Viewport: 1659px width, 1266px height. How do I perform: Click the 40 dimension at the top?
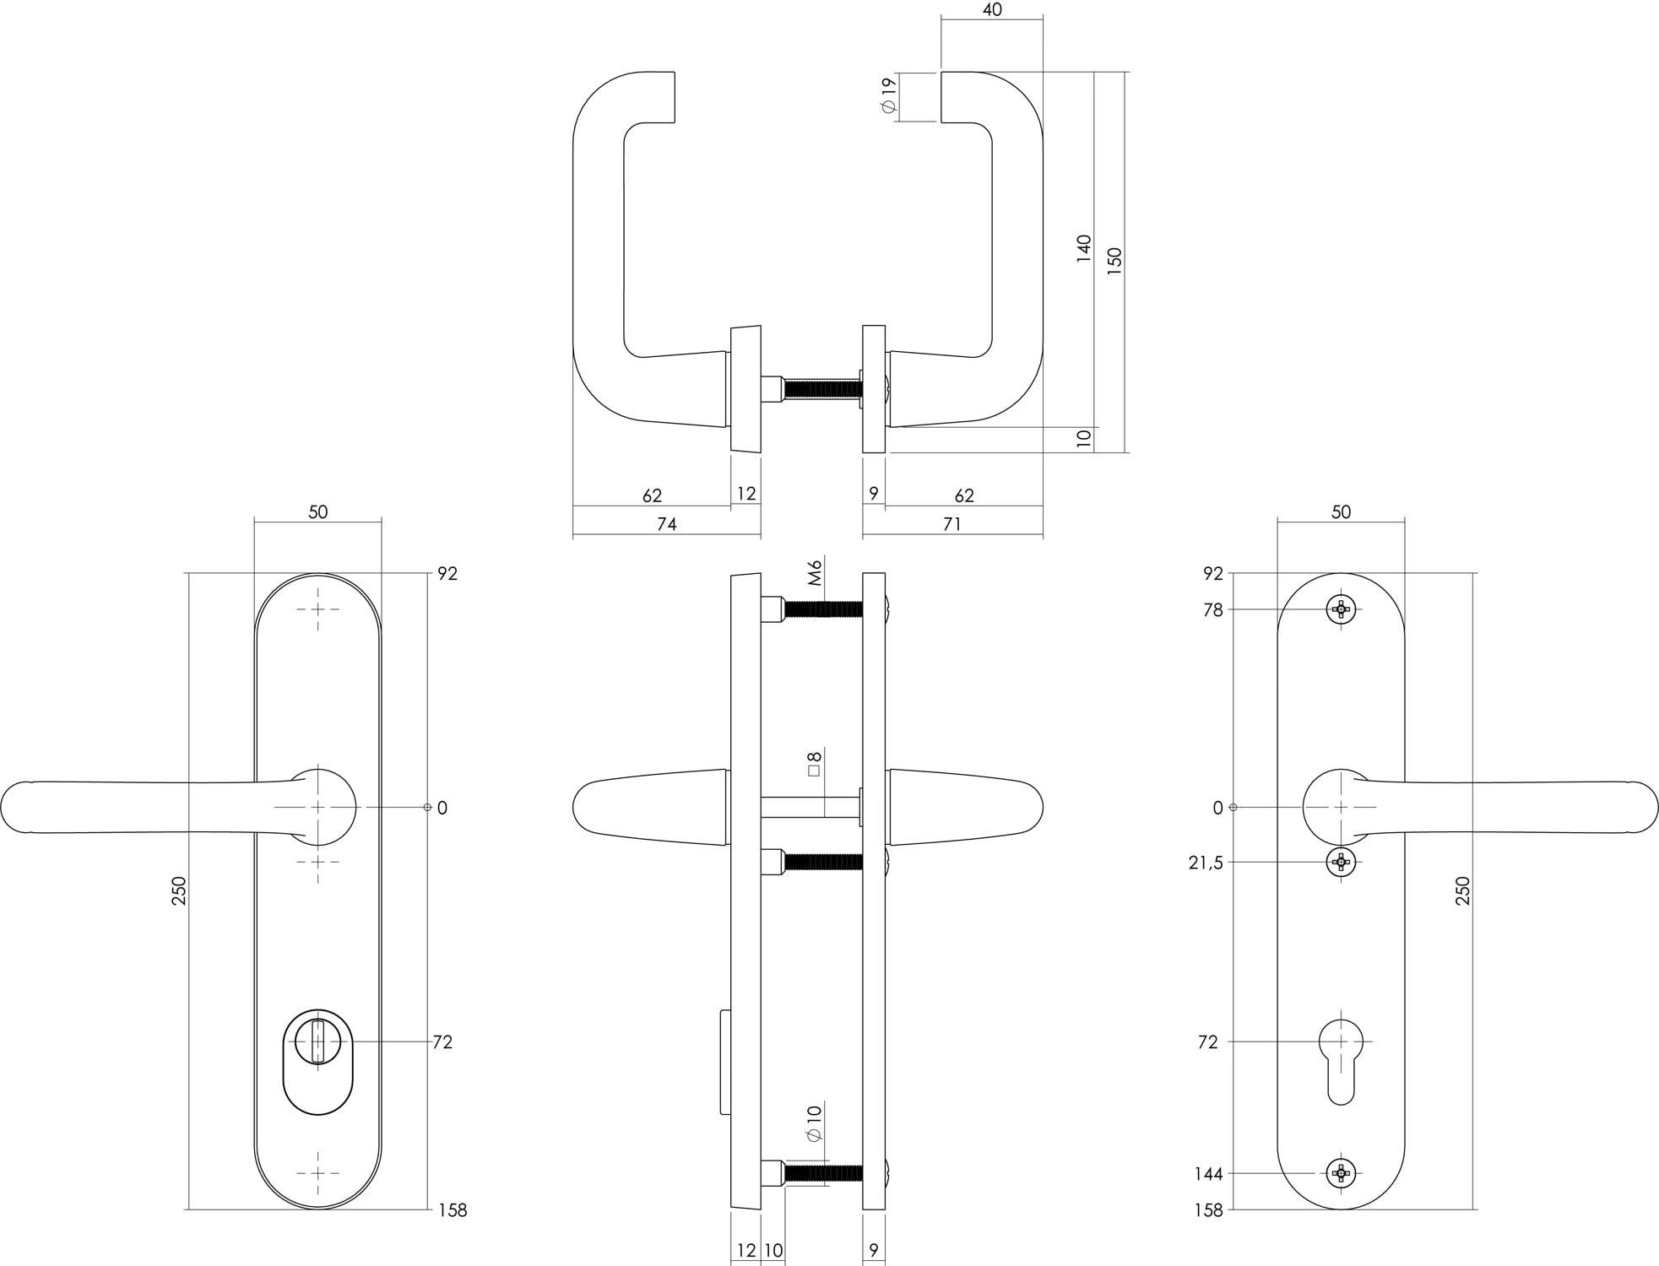tap(992, 11)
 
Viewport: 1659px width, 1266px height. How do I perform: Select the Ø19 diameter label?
tap(887, 97)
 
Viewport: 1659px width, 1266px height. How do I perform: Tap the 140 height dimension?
tap(1084, 249)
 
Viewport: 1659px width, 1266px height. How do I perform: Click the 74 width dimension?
tap(666, 525)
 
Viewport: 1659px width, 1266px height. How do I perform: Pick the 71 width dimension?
tap(951, 525)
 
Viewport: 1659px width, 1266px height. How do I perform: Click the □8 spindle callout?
tap(815, 764)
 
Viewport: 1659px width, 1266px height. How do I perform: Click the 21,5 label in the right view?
tap(1206, 863)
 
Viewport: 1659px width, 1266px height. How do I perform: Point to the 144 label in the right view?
tap(1208, 1174)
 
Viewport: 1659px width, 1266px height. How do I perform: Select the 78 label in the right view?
tap(1212, 610)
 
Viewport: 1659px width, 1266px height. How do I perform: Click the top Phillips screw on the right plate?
tap(1341, 609)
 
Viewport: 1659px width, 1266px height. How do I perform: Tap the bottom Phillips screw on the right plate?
tap(1341, 1172)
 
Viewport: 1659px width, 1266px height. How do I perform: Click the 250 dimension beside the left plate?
tap(179, 891)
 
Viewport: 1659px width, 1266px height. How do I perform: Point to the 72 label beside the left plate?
tap(442, 1042)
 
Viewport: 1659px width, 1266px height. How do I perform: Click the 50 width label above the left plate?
tap(317, 512)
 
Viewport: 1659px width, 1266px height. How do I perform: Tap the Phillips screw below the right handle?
tap(1341, 862)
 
